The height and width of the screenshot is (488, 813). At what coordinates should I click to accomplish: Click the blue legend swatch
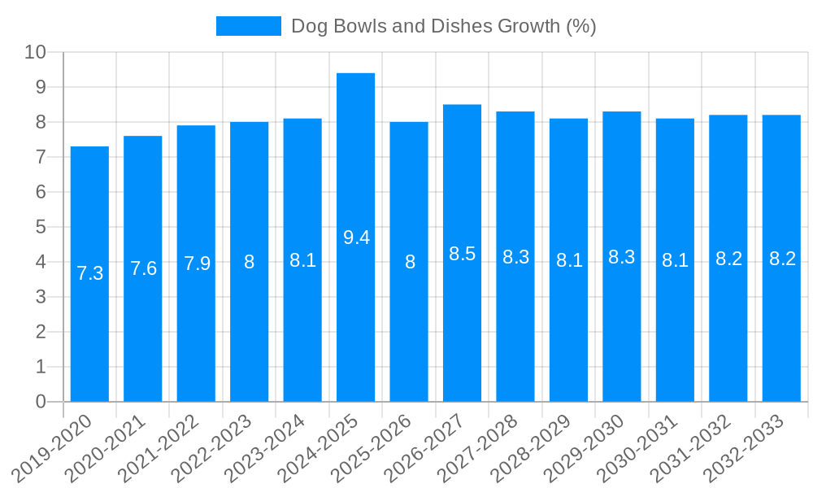[x=248, y=26]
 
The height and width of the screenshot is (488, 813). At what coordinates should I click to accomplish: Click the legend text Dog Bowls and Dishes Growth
[x=444, y=26]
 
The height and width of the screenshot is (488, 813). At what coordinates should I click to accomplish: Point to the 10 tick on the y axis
[x=35, y=53]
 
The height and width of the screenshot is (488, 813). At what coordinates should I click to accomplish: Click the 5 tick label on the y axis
[x=41, y=227]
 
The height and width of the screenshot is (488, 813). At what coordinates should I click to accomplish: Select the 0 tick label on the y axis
[x=41, y=402]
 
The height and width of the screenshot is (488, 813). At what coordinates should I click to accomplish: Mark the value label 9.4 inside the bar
[x=356, y=237]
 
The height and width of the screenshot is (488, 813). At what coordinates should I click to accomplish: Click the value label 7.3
[x=89, y=273]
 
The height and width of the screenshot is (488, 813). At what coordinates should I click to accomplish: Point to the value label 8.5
[x=462, y=254]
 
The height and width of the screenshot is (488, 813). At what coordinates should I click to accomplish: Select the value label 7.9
[x=197, y=264]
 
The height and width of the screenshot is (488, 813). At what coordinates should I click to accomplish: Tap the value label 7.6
[x=143, y=268]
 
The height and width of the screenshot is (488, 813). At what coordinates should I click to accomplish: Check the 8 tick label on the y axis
[x=41, y=122]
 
